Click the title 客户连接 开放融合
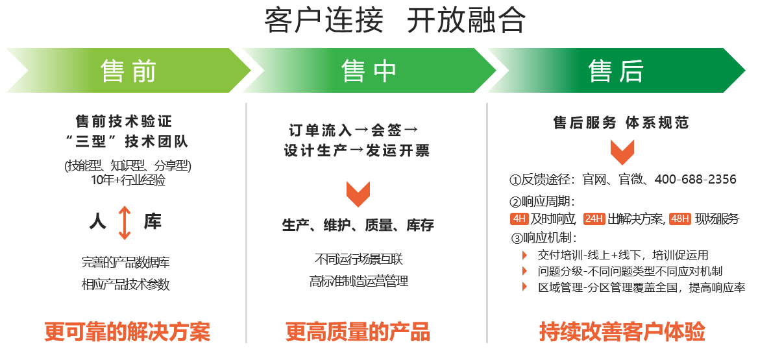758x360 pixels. (395, 21)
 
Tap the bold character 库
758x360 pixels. (153, 222)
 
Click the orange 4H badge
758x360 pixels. (519, 219)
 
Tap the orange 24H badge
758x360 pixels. (594, 219)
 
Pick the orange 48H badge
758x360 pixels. (680, 219)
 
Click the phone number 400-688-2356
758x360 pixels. (695, 180)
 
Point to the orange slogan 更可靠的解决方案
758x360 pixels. (127, 332)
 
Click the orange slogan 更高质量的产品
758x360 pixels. (358, 332)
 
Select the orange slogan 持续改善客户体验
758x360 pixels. (622, 332)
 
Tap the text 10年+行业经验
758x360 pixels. (128, 180)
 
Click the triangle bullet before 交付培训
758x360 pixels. (524, 255)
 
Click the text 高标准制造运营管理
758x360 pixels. (359, 282)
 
